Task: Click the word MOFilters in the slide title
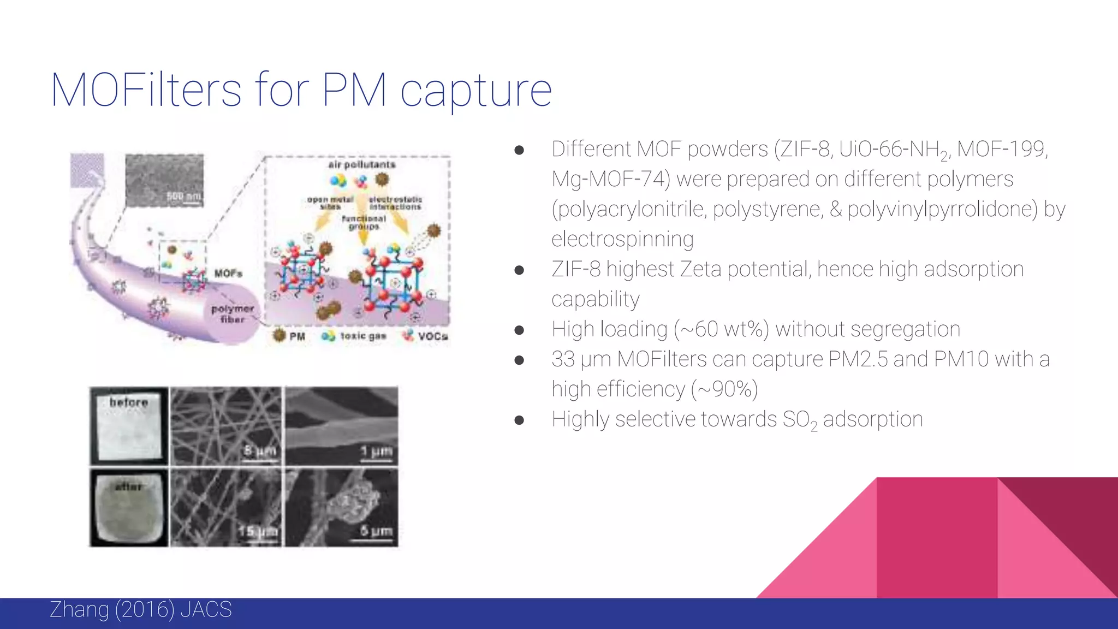pyautogui.click(x=146, y=90)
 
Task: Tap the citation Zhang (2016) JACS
pyautogui.click(x=140, y=609)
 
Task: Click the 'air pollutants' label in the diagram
pyautogui.click(x=362, y=164)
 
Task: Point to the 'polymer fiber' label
pyautogui.click(x=233, y=313)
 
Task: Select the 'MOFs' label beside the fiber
pyautogui.click(x=228, y=273)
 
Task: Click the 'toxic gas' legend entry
pyautogui.click(x=363, y=336)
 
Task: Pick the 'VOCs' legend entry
pyautogui.click(x=433, y=336)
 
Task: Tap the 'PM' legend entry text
pyautogui.click(x=297, y=336)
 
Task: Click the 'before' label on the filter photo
pyautogui.click(x=129, y=402)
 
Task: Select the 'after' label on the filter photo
pyautogui.click(x=129, y=486)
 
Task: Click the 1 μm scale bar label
pyautogui.click(x=376, y=451)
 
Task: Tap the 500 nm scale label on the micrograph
pyautogui.click(x=184, y=196)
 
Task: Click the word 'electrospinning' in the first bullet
pyautogui.click(x=622, y=239)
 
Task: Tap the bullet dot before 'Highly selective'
pyautogui.click(x=519, y=420)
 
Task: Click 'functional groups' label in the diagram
pyautogui.click(x=364, y=222)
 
